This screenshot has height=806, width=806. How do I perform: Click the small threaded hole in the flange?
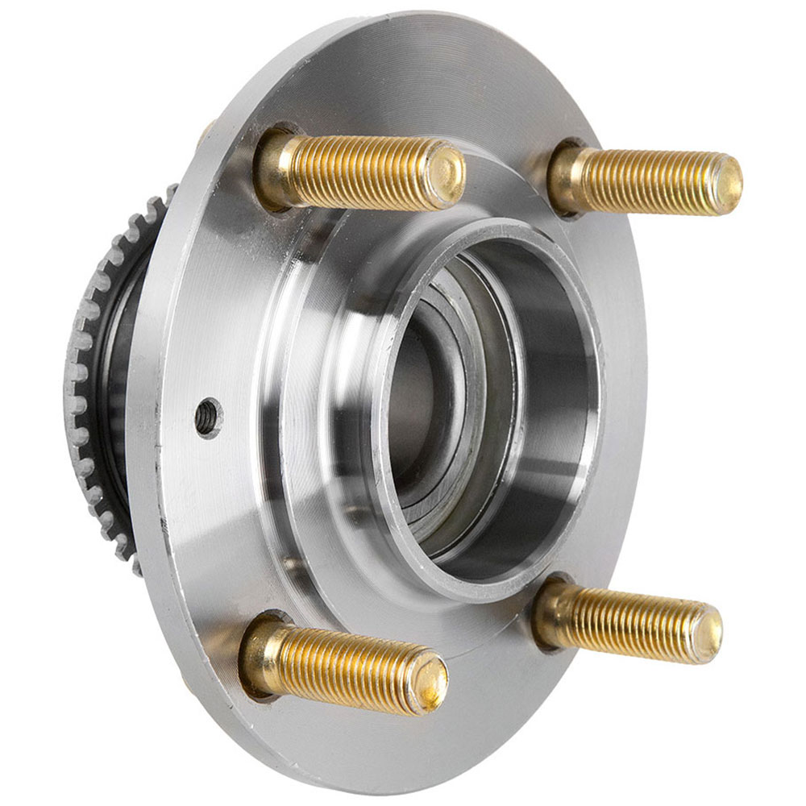click(208, 416)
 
